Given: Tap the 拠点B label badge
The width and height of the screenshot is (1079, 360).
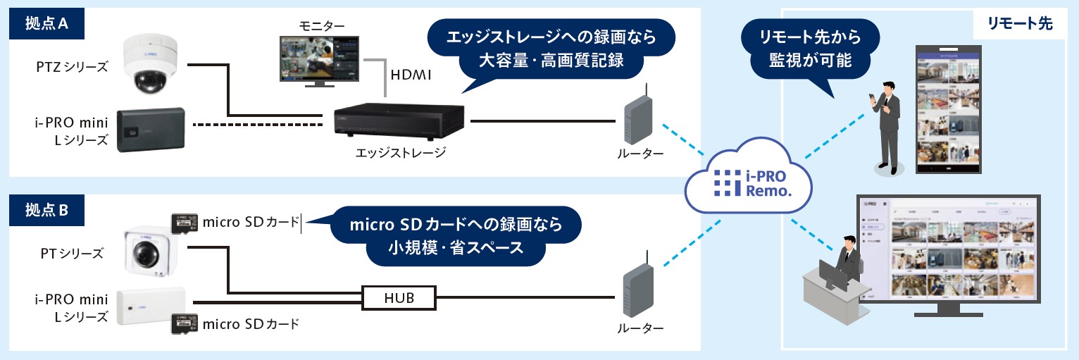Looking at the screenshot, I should [46, 209].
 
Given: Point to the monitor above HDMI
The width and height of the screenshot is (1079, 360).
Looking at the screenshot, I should [318, 59].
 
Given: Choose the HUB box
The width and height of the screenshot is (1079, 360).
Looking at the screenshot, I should [399, 298].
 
